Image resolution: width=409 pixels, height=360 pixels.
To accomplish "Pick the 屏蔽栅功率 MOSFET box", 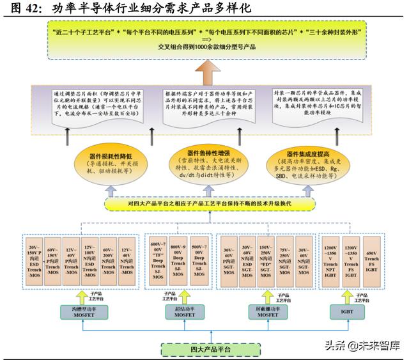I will (x=265, y=312).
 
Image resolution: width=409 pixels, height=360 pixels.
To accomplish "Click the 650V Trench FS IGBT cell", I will (x=371, y=260).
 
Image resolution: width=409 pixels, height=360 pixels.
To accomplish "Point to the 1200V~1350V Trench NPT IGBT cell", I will (x=330, y=260).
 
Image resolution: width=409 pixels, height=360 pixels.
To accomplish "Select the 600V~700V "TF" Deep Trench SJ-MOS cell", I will (x=157, y=260).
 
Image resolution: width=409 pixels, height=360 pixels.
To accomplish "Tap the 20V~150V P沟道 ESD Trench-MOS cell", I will (x=34, y=260).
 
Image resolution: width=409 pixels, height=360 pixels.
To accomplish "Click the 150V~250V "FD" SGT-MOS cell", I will (x=265, y=260).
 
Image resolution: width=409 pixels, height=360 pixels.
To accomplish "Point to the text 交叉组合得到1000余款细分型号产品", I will (x=204, y=47).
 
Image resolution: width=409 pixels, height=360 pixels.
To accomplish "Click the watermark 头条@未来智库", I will (x=362, y=346).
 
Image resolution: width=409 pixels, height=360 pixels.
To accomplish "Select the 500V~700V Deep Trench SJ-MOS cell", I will (x=199, y=260).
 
